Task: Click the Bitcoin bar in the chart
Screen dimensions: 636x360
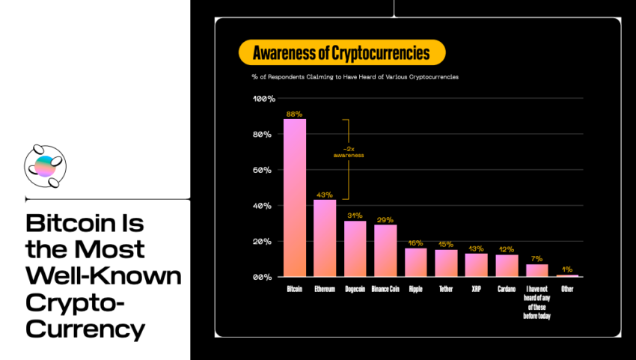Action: pos(295,198)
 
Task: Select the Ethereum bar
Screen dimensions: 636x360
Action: pos(325,238)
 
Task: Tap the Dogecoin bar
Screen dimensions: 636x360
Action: pos(355,248)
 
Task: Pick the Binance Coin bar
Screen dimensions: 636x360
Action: pos(385,251)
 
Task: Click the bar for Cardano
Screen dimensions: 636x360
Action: pos(507,266)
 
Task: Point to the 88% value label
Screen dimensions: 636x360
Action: pos(294,114)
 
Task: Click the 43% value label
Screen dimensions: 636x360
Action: pos(325,195)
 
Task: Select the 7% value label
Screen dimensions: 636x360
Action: pos(536,258)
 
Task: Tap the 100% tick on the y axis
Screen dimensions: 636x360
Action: pos(264,99)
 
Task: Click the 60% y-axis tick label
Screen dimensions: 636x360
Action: pos(262,170)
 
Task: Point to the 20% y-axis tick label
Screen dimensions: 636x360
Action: pos(262,242)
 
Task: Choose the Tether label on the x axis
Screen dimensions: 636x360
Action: pos(446,289)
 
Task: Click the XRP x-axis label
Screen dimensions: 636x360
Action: pos(476,289)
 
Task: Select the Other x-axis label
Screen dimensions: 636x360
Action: pos(567,289)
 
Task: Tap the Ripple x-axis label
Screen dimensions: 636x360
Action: pos(416,289)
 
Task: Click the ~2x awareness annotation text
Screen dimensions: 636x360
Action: pos(349,152)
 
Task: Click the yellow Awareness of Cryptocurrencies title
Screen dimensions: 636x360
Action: pos(342,52)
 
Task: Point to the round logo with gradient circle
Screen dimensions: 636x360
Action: pos(45,166)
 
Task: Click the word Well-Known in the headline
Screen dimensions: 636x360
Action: pos(103,275)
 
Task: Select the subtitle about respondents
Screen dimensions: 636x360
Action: pos(355,76)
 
